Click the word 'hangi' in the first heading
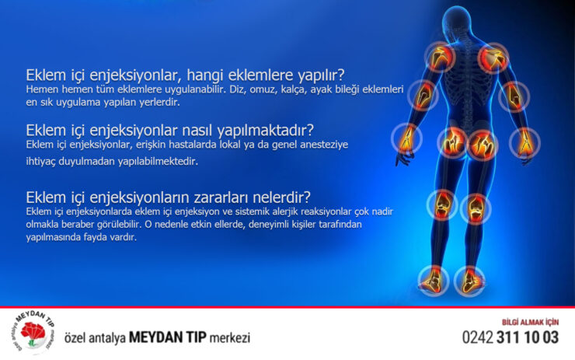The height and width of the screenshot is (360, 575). pyautogui.click(x=205, y=75)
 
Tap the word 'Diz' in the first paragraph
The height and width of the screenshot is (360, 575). pyautogui.click(x=236, y=89)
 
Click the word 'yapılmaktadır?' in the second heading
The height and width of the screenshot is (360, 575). pyautogui.click(x=266, y=131)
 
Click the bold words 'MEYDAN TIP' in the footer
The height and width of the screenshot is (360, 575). pyautogui.click(x=168, y=337)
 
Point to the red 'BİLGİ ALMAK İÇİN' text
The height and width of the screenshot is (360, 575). pyautogui.click(x=530, y=322)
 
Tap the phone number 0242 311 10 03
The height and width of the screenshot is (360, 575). pyautogui.click(x=510, y=337)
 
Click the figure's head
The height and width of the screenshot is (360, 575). pyautogui.click(x=457, y=23)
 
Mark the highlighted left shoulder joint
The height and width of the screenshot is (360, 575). pyautogui.click(x=440, y=57)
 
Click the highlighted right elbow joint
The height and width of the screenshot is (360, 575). pyautogui.click(x=514, y=96)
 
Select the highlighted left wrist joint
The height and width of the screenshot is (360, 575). pyautogui.click(x=406, y=138)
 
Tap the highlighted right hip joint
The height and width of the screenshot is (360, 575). pyautogui.click(x=483, y=145)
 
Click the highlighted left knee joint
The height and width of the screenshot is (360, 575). pyautogui.click(x=442, y=204)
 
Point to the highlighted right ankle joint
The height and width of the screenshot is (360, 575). pyautogui.click(x=469, y=281)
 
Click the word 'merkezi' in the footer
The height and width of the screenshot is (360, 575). pyautogui.click(x=230, y=337)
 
